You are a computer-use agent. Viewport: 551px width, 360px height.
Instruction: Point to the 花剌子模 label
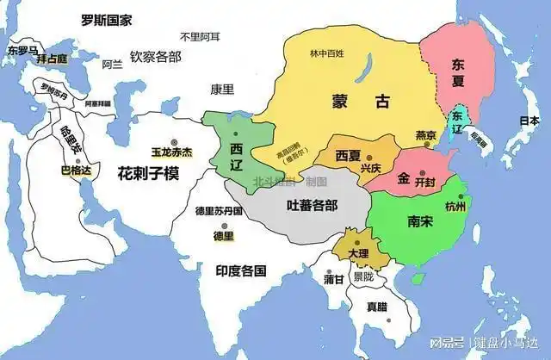148,173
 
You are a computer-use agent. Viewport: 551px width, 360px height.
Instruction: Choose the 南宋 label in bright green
421,218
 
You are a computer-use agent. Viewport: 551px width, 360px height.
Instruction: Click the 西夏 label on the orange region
348,156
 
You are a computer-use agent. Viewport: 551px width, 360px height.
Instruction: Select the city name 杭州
455,208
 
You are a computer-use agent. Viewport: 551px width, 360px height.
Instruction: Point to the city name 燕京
425,135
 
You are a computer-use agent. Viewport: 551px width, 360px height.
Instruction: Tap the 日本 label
521,122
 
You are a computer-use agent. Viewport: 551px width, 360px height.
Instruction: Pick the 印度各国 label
240,270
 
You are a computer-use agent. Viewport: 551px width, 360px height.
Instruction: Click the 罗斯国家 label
106,20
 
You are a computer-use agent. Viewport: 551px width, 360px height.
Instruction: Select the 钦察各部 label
156,56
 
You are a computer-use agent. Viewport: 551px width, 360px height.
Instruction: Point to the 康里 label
222,89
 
